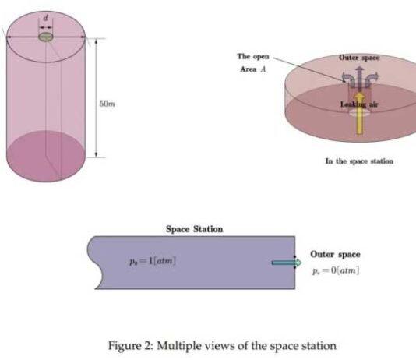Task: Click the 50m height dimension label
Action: [x=108, y=104]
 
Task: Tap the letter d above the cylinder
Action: [x=46, y=18]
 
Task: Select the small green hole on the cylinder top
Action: [x=46, y=37]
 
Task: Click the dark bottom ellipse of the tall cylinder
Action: [x=46, y=156]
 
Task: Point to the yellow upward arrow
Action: [x=359, y=113]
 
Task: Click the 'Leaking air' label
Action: [x=359, y=104]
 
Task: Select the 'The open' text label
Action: [x=253, y=57]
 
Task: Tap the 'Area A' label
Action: [x=253, y=69]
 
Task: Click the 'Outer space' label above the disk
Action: [x=359, y=58]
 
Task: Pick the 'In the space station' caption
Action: [x=359, y=161]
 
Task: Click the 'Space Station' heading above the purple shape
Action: [x=195, y=229]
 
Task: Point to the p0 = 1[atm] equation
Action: [x=153, y=261]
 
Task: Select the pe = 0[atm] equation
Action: [x=336, y=270]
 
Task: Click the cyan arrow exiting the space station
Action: [x=287, y=263]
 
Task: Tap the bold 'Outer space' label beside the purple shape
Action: [x=335, y=254]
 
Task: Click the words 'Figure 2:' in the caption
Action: [x=131, y=345]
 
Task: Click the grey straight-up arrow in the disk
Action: [x=360, y=78]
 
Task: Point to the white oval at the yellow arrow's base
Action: [x=359, y=113]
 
